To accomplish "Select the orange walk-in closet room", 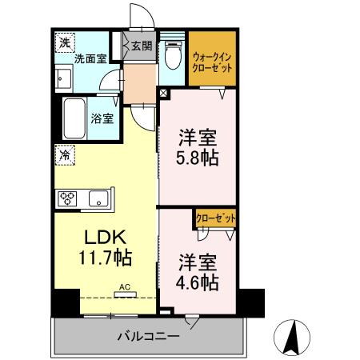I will (x=213, y=58).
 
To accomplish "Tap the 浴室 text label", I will (x=102, y=118).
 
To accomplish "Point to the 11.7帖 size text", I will (x=105, y=258).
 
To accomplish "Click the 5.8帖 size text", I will (x=198, y=156).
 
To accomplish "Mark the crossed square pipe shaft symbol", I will (x=165, y=93).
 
